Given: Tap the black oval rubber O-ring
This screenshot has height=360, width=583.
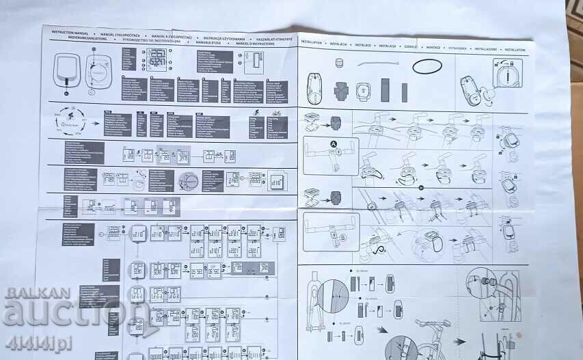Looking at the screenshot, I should click(x=426, y=66).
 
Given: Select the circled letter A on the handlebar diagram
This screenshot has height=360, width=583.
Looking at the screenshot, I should click(x=334, y=145).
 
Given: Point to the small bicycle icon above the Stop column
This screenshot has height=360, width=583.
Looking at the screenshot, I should click(x=276, y=113).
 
